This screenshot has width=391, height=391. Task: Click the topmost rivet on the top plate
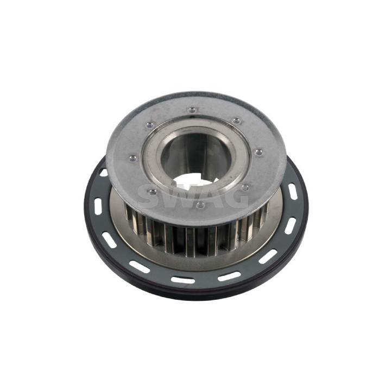click(192, 110)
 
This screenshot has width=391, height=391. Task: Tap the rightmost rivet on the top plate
click(259, 152)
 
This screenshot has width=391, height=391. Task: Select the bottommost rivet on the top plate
click(200, 205)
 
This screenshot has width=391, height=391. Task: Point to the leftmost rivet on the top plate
click(133, 158)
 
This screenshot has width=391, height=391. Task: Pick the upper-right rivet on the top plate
click(236, 121)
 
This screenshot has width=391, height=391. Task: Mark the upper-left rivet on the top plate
click(150, 125)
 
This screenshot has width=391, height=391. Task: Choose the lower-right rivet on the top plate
click(245, 187)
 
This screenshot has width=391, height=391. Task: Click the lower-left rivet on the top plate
click(153, 192)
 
